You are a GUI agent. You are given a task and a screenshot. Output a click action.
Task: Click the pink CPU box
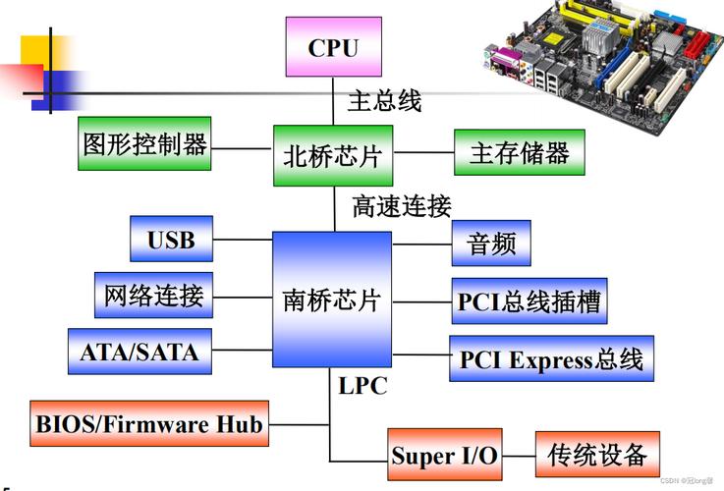333,46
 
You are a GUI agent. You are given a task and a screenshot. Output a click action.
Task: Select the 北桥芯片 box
333,155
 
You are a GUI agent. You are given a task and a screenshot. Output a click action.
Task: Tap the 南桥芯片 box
332,300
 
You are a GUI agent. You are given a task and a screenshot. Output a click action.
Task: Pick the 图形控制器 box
144,143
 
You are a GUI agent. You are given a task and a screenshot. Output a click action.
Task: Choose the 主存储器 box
520,152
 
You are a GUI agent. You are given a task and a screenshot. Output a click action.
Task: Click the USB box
171,239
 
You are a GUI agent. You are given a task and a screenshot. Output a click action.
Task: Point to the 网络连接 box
154,295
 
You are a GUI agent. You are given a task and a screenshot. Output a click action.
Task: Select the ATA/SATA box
139,352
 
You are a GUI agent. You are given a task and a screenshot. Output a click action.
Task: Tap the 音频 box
491,244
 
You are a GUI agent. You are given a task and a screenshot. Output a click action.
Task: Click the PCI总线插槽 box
529,300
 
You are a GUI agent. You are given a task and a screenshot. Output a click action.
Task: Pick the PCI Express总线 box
551,358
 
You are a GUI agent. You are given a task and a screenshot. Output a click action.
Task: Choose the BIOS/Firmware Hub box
149,423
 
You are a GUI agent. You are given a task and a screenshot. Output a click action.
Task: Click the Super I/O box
445,455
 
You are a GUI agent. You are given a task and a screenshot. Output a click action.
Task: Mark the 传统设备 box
597,455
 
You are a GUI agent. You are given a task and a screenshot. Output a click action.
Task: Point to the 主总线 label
385,100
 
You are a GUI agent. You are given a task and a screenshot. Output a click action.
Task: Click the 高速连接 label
402,206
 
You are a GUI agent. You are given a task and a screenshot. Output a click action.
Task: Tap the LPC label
362,386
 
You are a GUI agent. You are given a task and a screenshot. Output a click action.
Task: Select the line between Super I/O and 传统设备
519,456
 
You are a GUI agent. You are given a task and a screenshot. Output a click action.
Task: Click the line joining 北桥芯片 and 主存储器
423,152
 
